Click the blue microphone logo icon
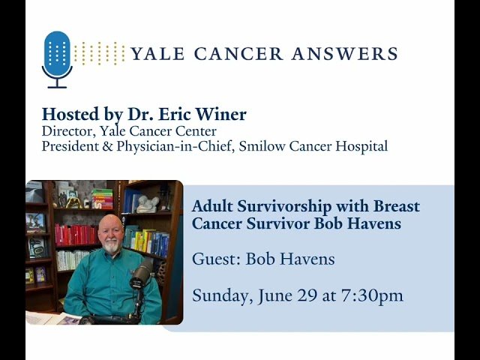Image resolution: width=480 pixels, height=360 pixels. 58,57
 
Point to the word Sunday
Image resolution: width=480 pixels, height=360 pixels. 219,295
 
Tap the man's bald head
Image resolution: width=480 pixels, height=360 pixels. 110,222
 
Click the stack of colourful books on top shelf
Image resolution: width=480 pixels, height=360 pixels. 102,198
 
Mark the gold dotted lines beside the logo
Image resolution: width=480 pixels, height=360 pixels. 99,53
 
